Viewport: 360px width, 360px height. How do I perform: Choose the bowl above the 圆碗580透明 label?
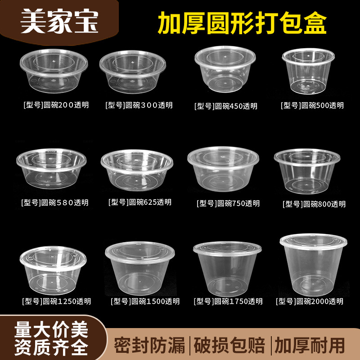coord(51,168)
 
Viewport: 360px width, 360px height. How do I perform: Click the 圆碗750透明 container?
coord(224,169)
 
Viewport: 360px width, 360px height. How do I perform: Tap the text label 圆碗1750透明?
coord(228,301)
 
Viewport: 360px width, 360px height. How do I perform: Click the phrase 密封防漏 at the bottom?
coord(150,345)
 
